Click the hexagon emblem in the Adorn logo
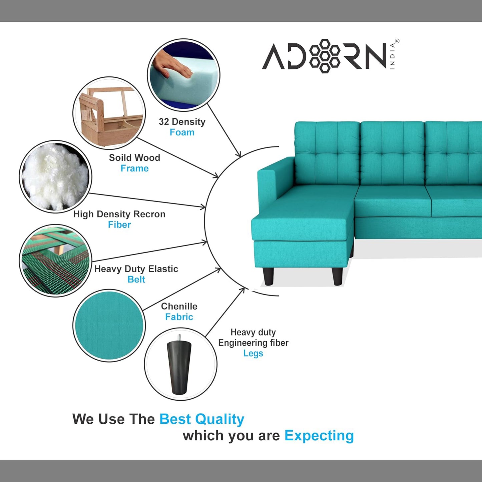click(325, 56)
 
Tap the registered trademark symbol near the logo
click(397, 41)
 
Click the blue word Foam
click(182, 132)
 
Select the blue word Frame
click(134, 168)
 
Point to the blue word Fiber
click(119, 224)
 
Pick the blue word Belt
click(136, 279)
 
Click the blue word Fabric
click(179, 317)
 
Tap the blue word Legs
click(253, 354)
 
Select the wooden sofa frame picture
click(109, 113)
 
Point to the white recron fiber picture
click(55, 177)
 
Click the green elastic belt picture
click(55, 261)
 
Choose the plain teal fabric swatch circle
click(109, 326)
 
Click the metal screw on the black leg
click(179, 338)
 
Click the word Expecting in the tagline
click(319, 436)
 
